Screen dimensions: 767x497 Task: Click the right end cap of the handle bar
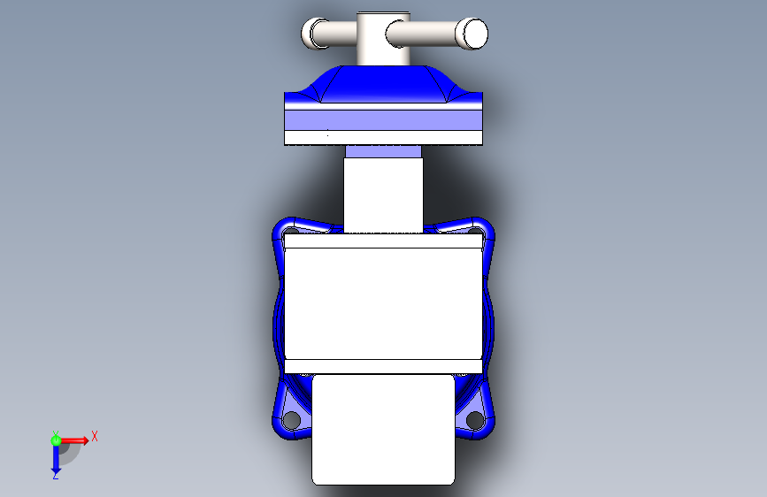[472, 34]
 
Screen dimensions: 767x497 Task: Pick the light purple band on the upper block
[384, 120]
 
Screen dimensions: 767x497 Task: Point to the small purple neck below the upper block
[384, 151]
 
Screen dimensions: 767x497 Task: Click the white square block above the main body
[384, 195]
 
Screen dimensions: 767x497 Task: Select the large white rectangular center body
[384, 303]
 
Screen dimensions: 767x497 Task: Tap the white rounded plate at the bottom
[384, 430]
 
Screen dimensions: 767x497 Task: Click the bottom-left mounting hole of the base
[292, 420]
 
